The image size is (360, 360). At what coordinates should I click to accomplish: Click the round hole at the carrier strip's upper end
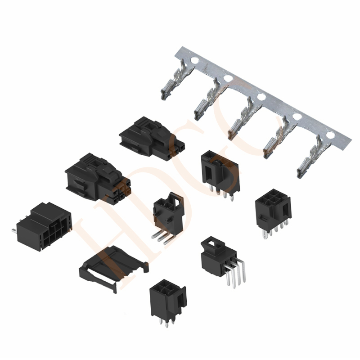[x=194, y=61]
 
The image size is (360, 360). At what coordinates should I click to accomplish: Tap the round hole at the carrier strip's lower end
[x=331, y=135]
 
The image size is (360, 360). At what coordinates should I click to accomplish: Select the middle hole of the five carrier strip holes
[x=261, y=97]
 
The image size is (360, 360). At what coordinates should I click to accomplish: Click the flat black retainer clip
[x=113, y=268]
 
